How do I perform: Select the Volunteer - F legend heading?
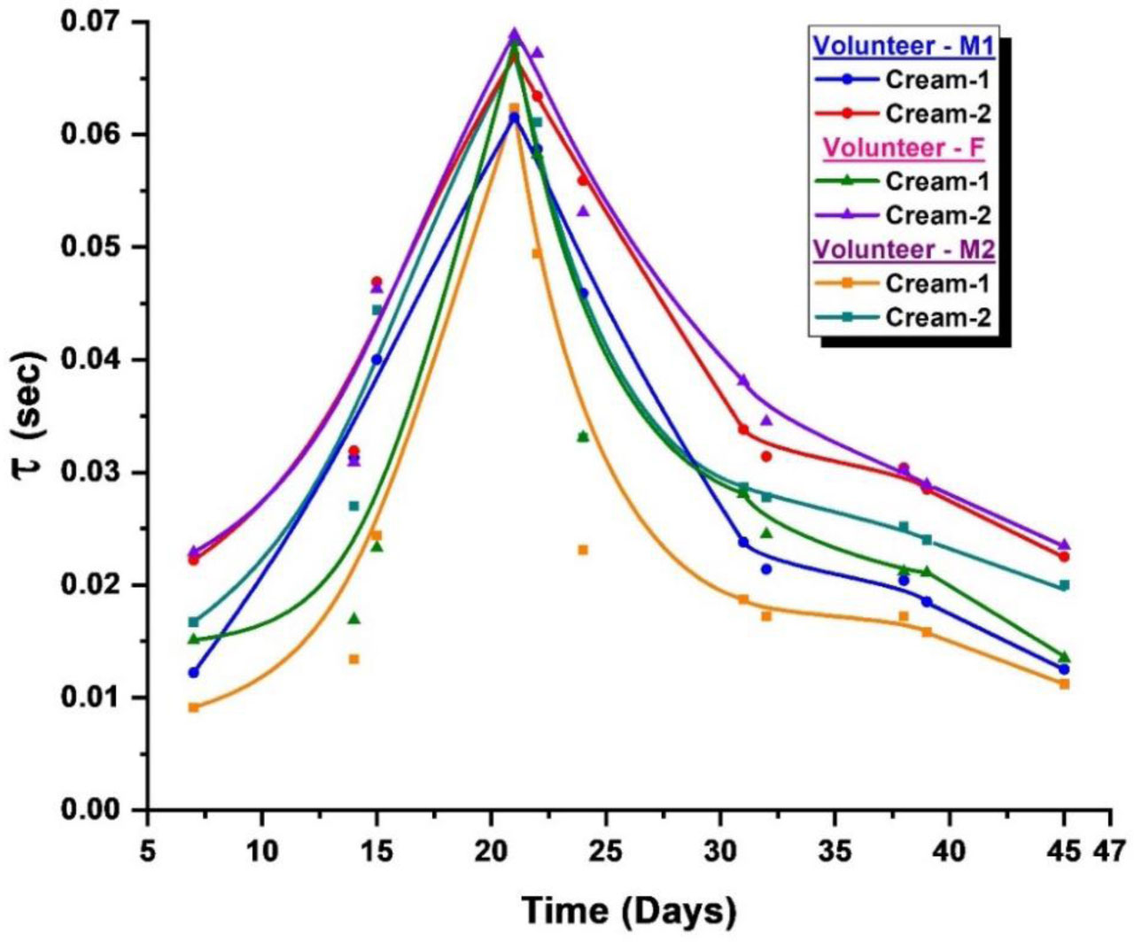[x=904, y=147]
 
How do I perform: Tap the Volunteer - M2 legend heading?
[x=904, y=249]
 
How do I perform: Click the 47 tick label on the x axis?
[x=1109, y=851]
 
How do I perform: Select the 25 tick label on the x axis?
[x=605, y=851]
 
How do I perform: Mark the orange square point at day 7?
[x=194, y=707]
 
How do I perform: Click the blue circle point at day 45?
[x=1064, y=668]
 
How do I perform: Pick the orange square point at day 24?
[x=583, y=550]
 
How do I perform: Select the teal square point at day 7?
[x=194, y=622]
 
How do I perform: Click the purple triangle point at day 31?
[x=743, y=381]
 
